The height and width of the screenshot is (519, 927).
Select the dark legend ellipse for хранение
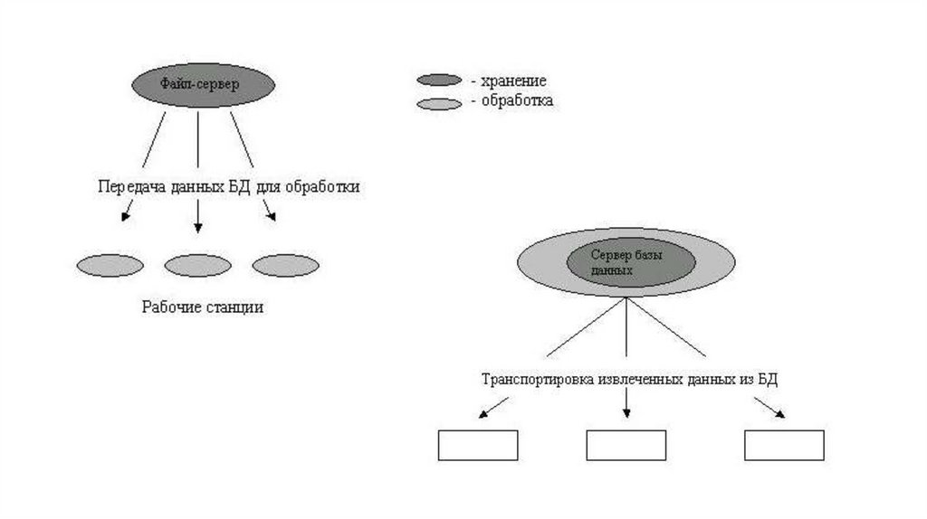[x=440, y=80]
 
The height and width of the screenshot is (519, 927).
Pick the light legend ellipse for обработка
[x=440, y=103]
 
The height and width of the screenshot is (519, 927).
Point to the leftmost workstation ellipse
[x=110, y=265]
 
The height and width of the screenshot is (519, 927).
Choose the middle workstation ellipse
[x=197, y=265]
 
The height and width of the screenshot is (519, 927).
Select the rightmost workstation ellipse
[x=285, y=265]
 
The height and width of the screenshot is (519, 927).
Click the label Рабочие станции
[x=202, y=307]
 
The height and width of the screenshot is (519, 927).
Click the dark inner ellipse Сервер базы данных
[x=630, y=262]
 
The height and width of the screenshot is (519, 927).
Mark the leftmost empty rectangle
[x=478, y=445]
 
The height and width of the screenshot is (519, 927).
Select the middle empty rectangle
[x=626, y=445]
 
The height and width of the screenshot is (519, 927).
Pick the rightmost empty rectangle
[x=784, y=445]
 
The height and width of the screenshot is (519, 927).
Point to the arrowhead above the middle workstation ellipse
[x=198, y=228]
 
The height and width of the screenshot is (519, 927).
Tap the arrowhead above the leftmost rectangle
[x=483, y=414]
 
